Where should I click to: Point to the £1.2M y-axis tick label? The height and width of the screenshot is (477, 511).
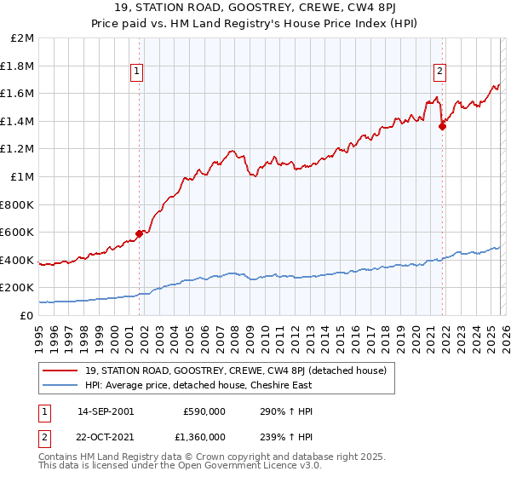pyautogui.click(x=19, y=149)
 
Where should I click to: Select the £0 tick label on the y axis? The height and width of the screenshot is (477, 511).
pyautogui.click(x=27, y=315)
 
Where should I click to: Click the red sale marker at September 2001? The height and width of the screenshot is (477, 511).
pyautogui.click(x=139, y=233)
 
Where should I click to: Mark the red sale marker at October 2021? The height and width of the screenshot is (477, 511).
pyautogui.click(x=442, y=127)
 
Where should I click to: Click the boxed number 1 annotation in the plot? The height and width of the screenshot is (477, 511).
pyautogui.click(x=138, y=72)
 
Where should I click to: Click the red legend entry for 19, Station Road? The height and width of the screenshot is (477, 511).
pyautogui.click(x=236, y=371)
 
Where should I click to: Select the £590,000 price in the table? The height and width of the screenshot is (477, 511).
pyautogui.click(x=205, y=411)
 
